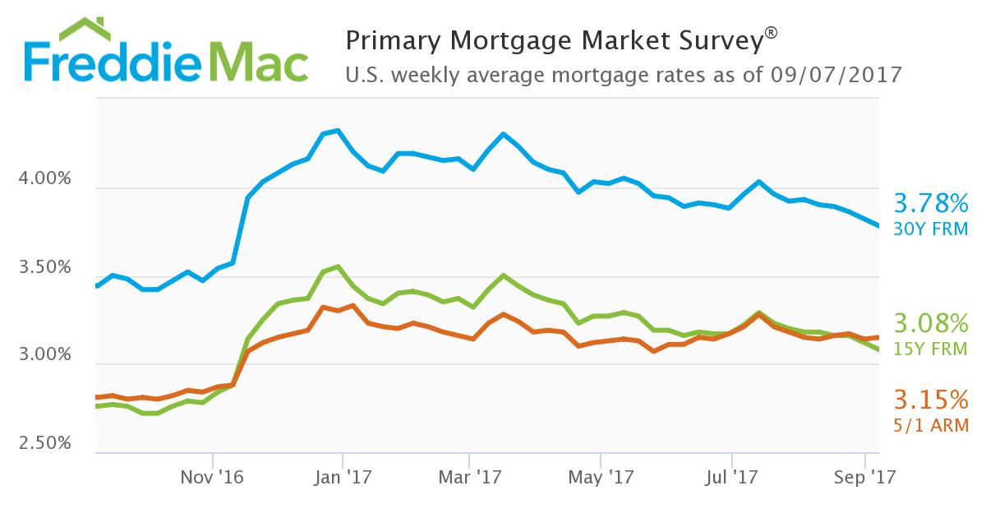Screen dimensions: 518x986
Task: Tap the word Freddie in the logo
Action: click(x=115, y=64)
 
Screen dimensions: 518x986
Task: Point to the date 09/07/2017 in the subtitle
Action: click(x=837, y=75)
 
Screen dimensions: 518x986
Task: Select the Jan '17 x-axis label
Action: click(x=343, y=476)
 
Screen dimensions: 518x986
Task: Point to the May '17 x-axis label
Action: click(x=601, y=476)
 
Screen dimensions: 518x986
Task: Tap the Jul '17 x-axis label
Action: click(x=731, y=476)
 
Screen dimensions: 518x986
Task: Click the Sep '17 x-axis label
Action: click(x=862, y=476)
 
